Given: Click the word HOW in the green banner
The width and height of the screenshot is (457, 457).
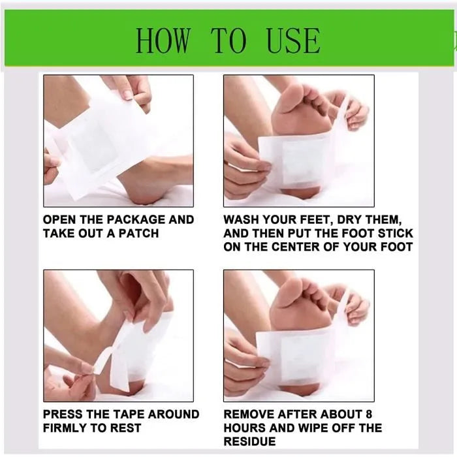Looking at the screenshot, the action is tap(163, 40).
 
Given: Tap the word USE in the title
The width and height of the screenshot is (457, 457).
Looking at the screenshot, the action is tap(293, 40).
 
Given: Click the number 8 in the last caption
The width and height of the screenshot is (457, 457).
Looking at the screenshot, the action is tap(368, 414).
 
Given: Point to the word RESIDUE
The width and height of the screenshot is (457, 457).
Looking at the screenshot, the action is tap(249, 441).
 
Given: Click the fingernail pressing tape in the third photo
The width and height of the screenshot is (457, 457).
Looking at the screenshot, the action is tap(88, 369).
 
